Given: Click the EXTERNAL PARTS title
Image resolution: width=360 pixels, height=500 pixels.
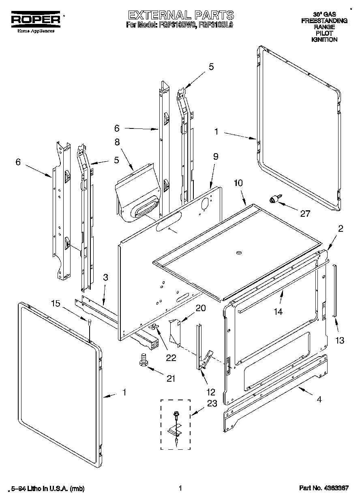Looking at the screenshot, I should coord(181,15).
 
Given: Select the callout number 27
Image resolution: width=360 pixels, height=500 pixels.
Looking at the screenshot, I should coord(304,214).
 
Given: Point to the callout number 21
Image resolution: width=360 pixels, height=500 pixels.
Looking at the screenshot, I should coord(171,378).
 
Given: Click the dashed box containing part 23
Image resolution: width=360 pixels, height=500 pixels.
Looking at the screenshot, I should coord(176,424).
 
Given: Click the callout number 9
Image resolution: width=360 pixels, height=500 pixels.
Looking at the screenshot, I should coord(215,156).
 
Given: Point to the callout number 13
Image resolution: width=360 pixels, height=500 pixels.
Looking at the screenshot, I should coord(339,340).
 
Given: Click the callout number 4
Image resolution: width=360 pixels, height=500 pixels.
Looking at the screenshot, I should coord(319,399).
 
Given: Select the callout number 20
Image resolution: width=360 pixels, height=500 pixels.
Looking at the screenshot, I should coord(200,308).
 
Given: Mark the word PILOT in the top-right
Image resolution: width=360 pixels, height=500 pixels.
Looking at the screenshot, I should coord(324,33).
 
